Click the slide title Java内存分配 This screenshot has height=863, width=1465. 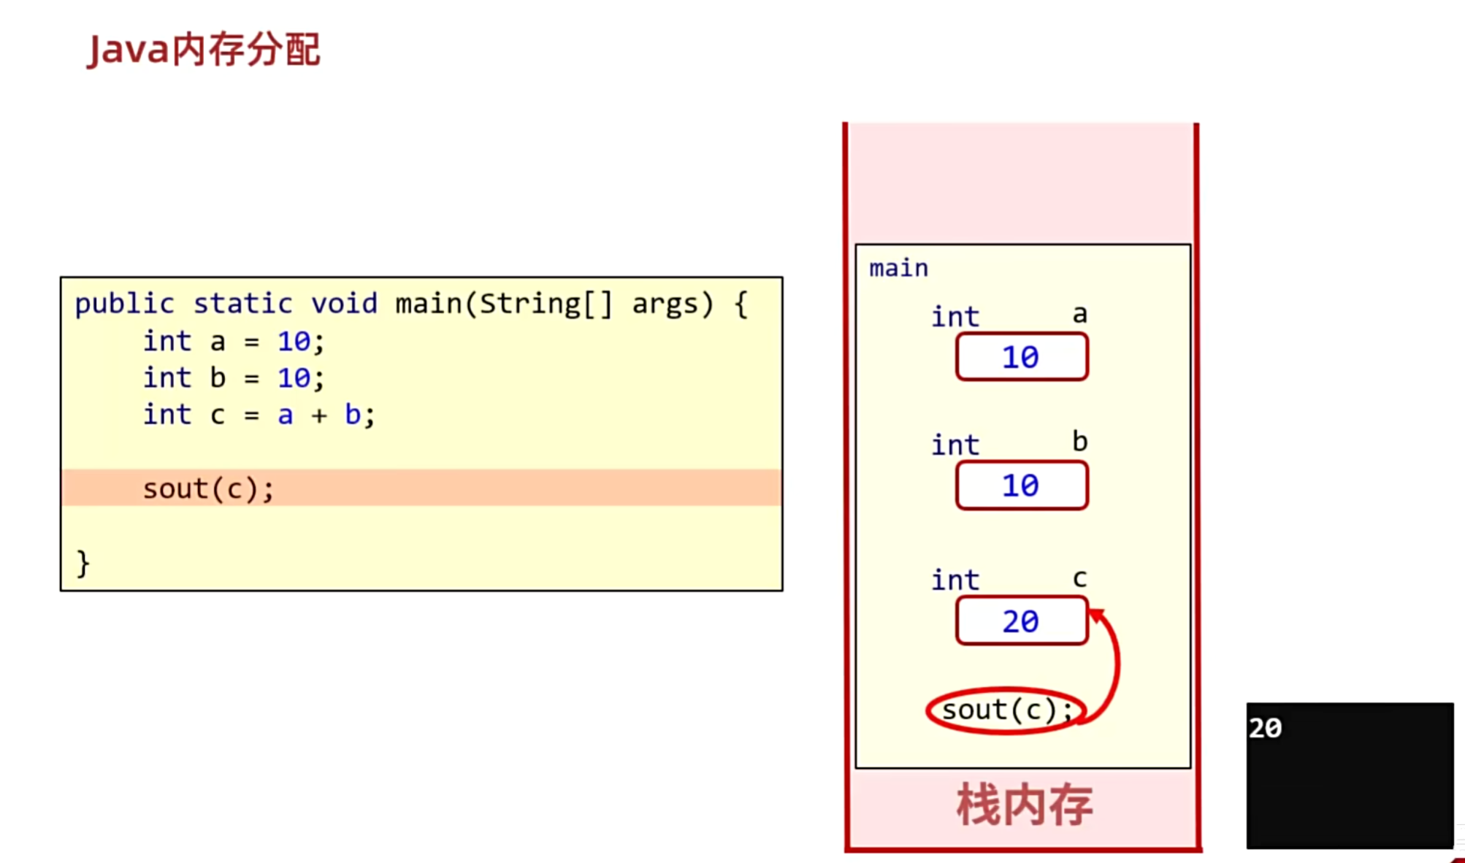[204, 50]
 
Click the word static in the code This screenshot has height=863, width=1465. [242, 304]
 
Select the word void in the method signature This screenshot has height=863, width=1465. [344, 304]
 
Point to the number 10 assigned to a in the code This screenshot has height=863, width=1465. [294, 341]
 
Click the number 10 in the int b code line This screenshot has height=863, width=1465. [294, 378]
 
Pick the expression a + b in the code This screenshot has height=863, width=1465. [319, 415]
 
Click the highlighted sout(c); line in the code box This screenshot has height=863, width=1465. [208, 488]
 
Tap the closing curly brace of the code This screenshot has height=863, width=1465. [83, 564]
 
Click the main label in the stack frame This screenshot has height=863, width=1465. [898, 269]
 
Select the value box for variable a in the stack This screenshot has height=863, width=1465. [1021, 357]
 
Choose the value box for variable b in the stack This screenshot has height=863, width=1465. [1021, 486]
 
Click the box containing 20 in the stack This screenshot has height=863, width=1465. [1021, 621]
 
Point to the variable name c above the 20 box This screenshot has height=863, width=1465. [1079, 579]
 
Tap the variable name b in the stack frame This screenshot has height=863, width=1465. [1079, 442]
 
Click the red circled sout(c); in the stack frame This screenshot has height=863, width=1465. [1006, 710]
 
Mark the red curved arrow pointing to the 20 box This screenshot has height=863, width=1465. [1114, 661]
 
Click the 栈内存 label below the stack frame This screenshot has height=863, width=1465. [1024, 805]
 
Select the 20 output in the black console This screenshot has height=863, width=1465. [1265, 728]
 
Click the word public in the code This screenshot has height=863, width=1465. [125, 304]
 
